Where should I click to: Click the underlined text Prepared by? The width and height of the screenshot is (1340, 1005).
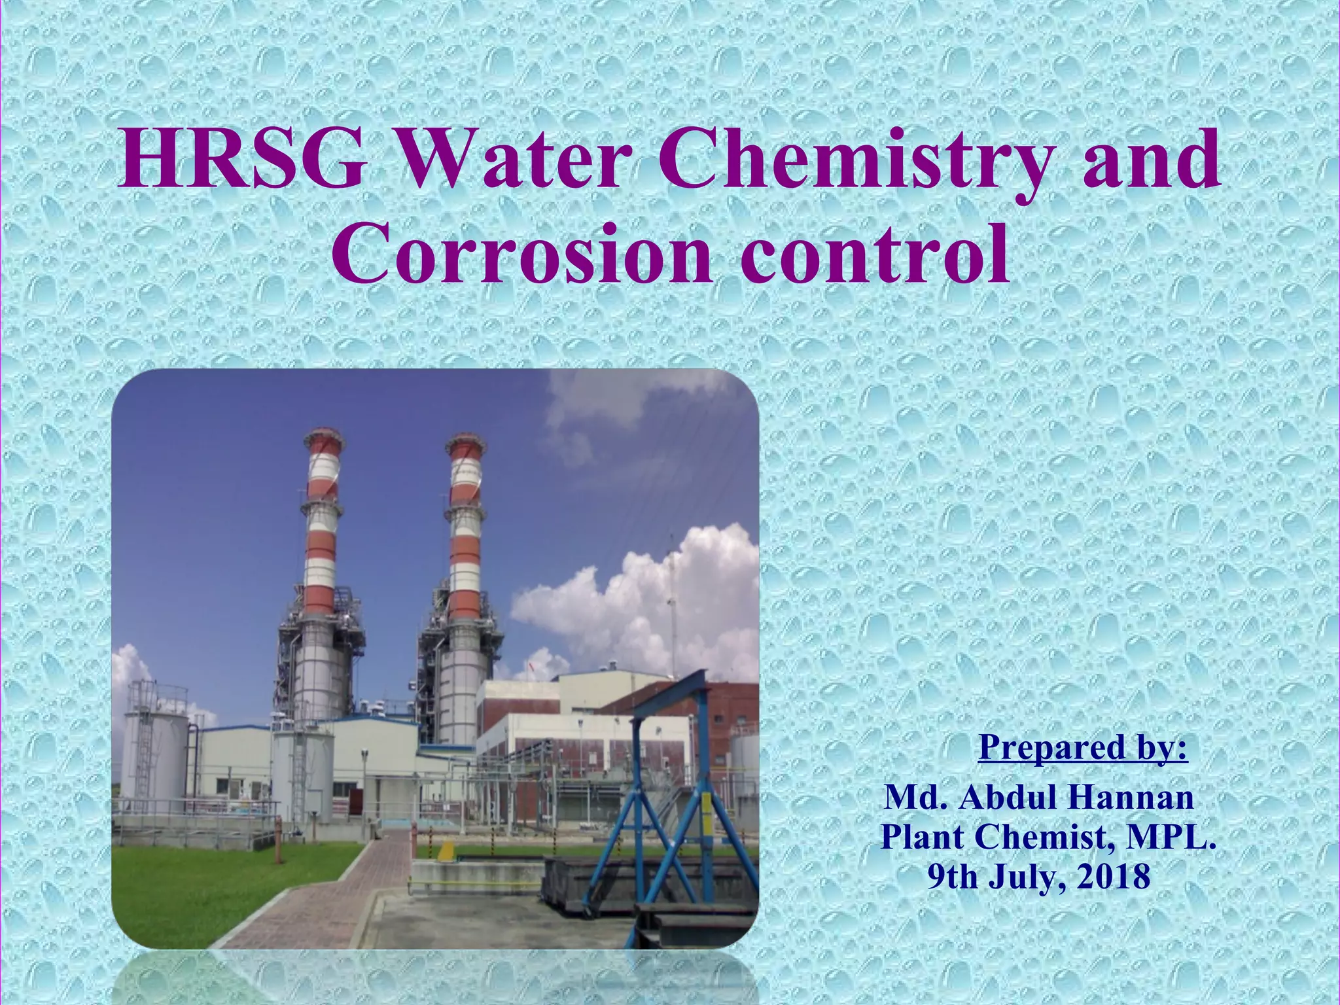1083,747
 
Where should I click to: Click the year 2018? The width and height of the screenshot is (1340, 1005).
1113,876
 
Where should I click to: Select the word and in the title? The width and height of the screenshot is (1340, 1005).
1151,160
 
